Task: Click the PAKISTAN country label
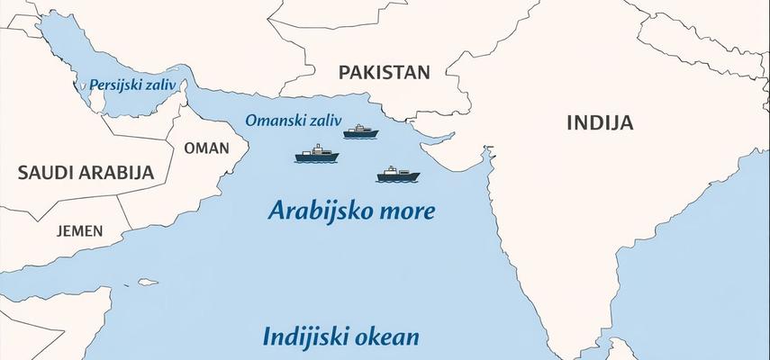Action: point(384,73)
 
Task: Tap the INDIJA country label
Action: point(600,122)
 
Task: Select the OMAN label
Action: point(206,148)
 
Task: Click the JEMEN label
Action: point(79,230)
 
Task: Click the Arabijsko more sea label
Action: point(352,211)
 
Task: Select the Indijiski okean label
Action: point(341,337)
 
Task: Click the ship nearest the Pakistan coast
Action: point(361,132)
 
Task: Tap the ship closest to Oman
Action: point(317,157)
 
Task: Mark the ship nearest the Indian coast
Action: point(397,174)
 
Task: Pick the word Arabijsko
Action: point(320,211)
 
